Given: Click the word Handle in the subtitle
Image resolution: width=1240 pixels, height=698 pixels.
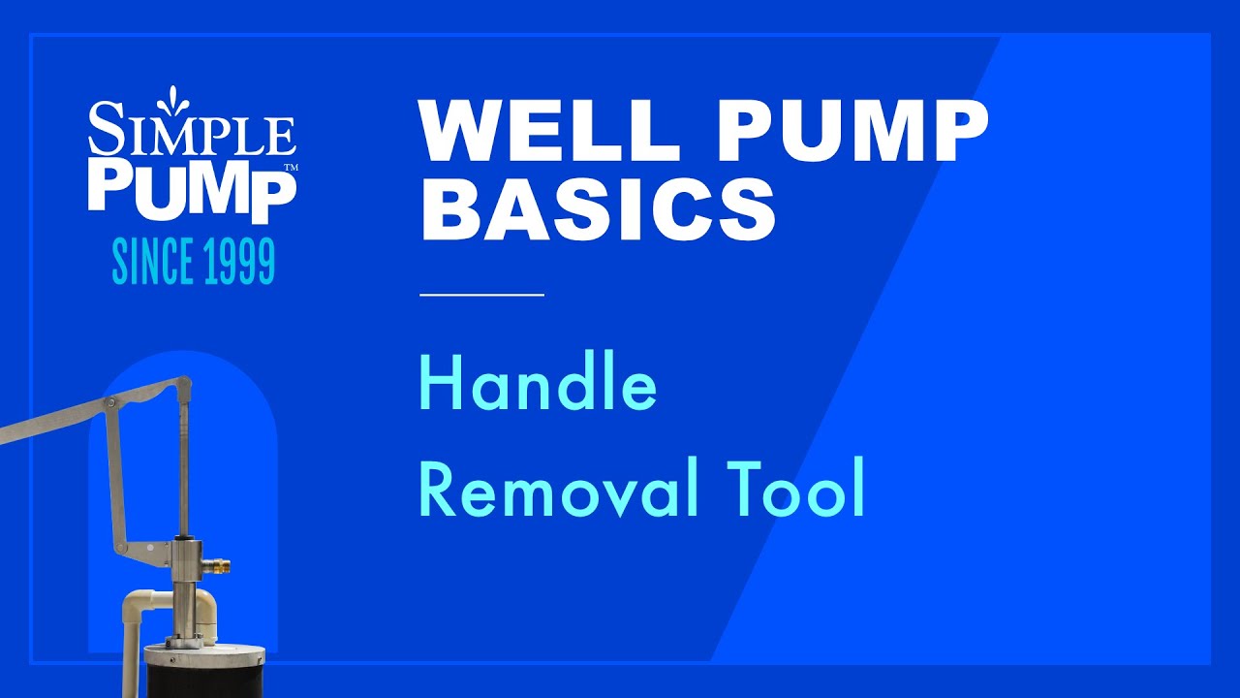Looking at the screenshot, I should point(538,385).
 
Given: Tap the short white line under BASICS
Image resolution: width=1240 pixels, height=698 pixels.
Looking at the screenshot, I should point(481,293).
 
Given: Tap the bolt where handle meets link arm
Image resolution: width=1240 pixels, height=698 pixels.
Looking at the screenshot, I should point(111,402).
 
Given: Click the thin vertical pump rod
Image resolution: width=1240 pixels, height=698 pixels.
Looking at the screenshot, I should point(183,456).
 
